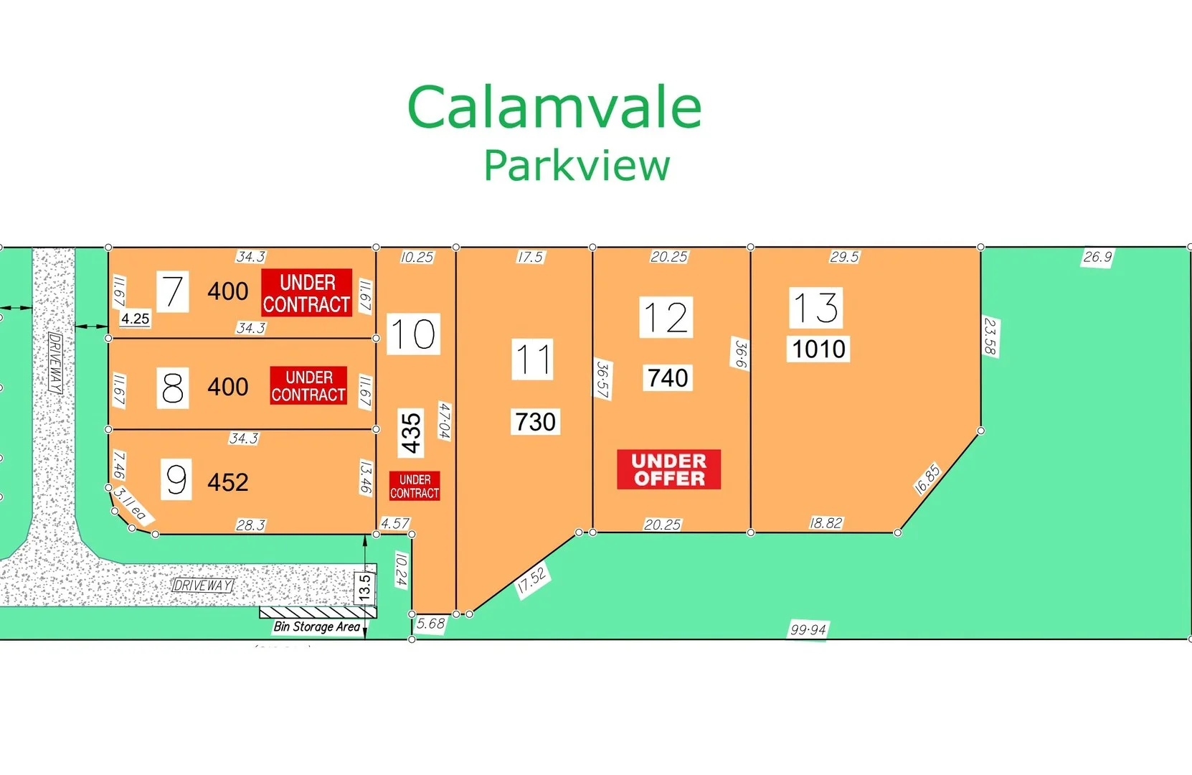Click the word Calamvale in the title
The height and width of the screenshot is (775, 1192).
click(x=554, y=108)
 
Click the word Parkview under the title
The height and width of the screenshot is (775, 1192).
click(x=577, y=166)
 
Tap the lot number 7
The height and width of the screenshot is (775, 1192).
click(x=172, y=291)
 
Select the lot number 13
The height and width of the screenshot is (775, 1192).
click(x=815, y=308)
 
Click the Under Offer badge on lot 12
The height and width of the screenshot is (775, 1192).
click(x=668, y=470)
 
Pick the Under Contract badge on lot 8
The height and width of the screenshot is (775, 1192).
click(x=308, y=386)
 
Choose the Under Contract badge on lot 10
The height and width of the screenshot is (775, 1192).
click(x=415, y=487)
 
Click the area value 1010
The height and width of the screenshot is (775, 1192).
click(x=818, y=349)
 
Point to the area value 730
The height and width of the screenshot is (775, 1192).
click(x=535, y=422)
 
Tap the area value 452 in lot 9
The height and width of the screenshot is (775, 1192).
click(x=227, y=482)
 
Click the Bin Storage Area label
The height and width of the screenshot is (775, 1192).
click(x=316, y=626)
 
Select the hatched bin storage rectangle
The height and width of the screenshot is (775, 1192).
click(x=317, y=612)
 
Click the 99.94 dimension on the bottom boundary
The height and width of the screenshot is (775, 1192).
click(x=808, y=630)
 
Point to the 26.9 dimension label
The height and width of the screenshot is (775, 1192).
click(x=1097, y=257)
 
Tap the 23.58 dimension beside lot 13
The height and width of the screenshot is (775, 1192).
click(x=990, y=337)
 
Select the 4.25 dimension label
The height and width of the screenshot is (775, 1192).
click(x=135, y=319)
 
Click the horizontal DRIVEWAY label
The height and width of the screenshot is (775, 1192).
click(x=203, y=586)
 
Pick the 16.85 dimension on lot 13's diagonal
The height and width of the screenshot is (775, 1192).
click(x=927, y=479)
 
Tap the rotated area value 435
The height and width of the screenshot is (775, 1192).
click(x=411, y=433)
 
